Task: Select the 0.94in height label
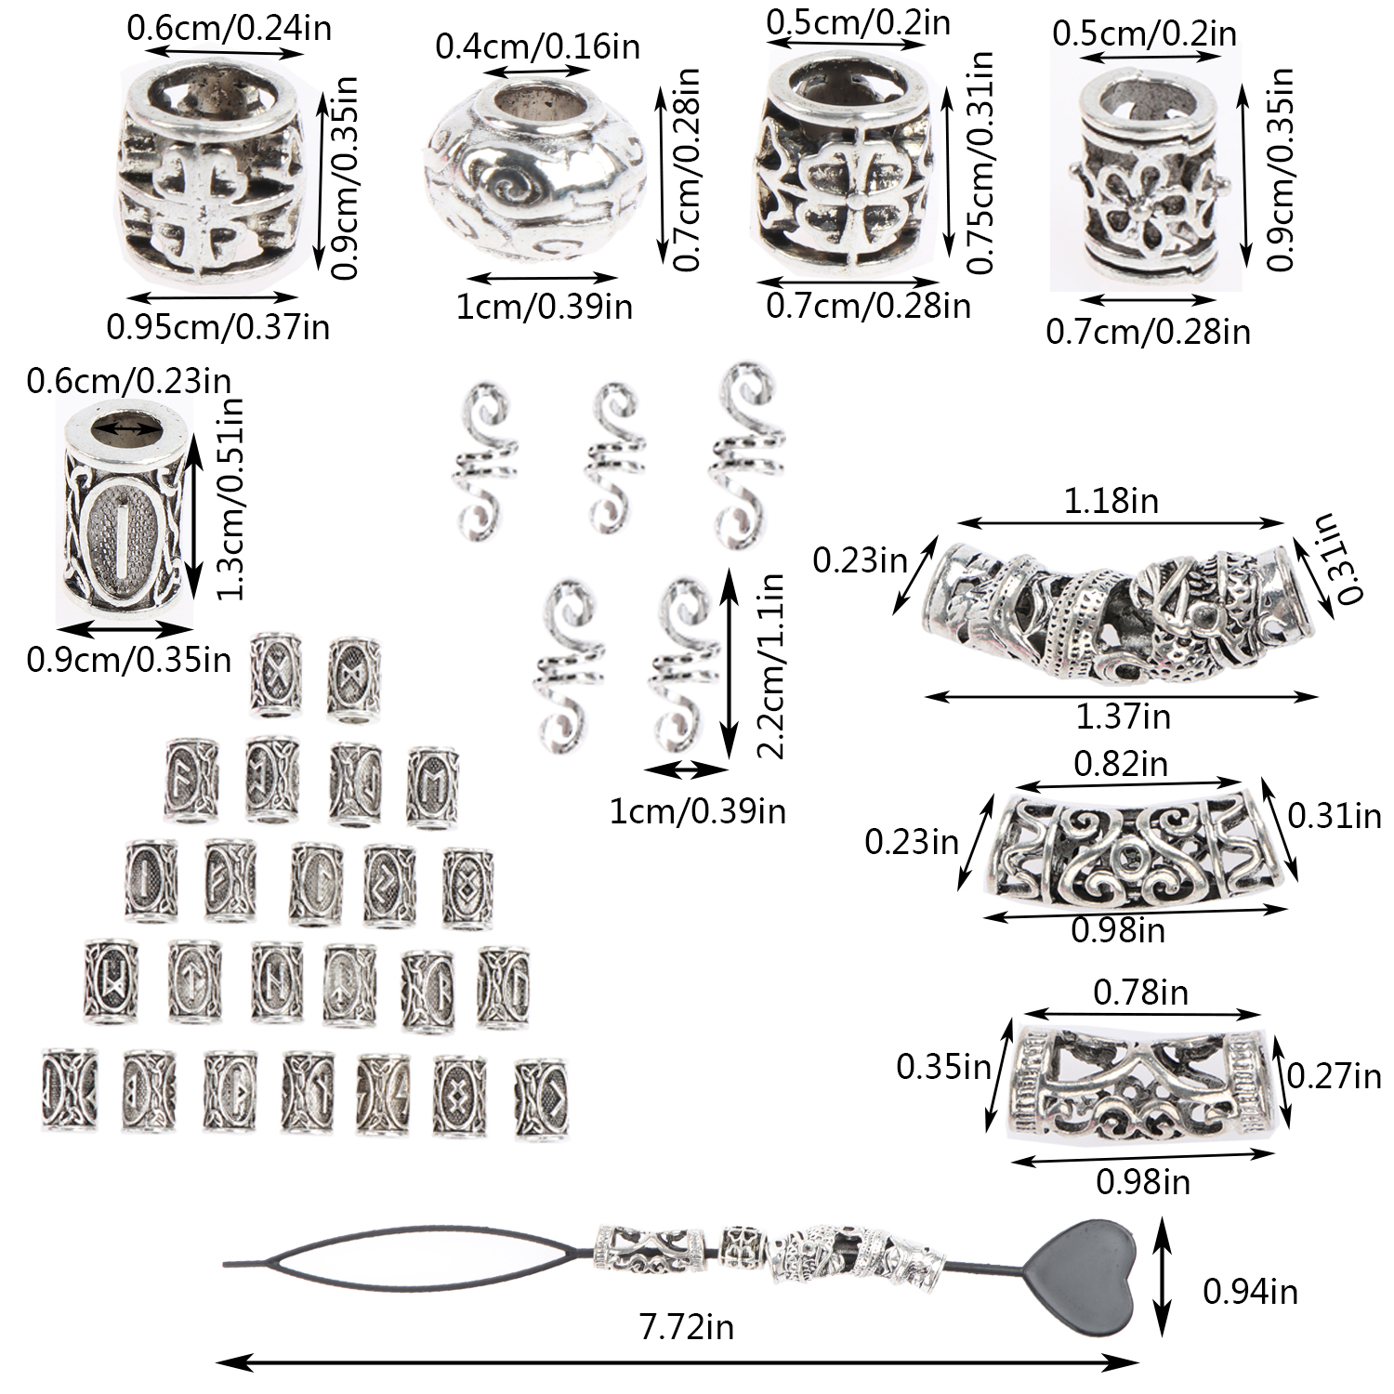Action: pos(1250,1291)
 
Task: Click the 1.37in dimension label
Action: pos(1123,717)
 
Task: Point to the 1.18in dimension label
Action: pos(1111,501)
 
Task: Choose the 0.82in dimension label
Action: pos(1121,763)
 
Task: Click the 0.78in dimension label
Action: pos(1140,993)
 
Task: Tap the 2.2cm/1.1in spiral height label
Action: pos(769,665)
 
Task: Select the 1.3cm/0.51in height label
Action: pos(228,498)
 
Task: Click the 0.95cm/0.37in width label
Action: pos(218,326)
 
